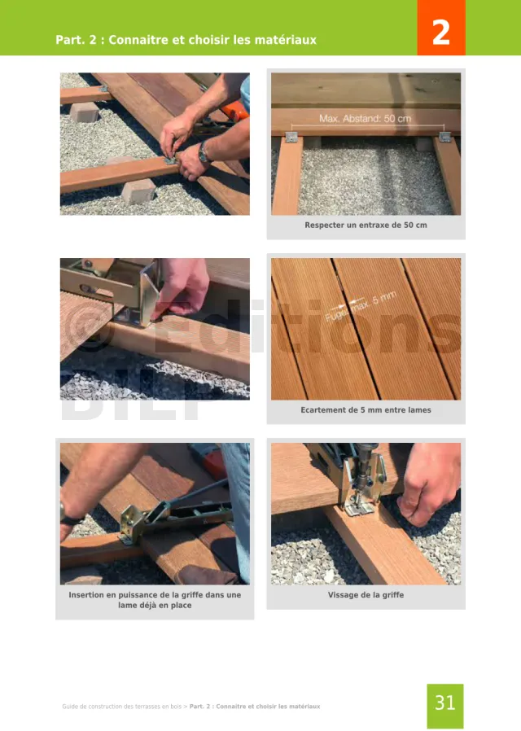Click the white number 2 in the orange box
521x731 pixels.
(x=441, y=33)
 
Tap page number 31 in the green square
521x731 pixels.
(x=444, y=703)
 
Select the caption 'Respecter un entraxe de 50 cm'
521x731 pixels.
(x=366, y=225)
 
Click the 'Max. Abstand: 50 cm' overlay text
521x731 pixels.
(x=366, y=118)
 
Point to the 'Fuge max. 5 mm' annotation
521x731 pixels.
(x=361, y=306)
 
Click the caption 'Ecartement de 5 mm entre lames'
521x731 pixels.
(x=366, y=409)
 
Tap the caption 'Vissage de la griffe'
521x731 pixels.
(x=366, y=595)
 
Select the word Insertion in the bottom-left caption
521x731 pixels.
(x=86, y=595)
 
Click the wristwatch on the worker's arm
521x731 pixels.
(x=204, y=152)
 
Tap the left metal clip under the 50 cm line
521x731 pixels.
(x=291, y=137)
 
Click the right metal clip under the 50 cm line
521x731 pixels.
(x=444, y=137)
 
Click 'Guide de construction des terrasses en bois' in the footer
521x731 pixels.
(x=121, y=707)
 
